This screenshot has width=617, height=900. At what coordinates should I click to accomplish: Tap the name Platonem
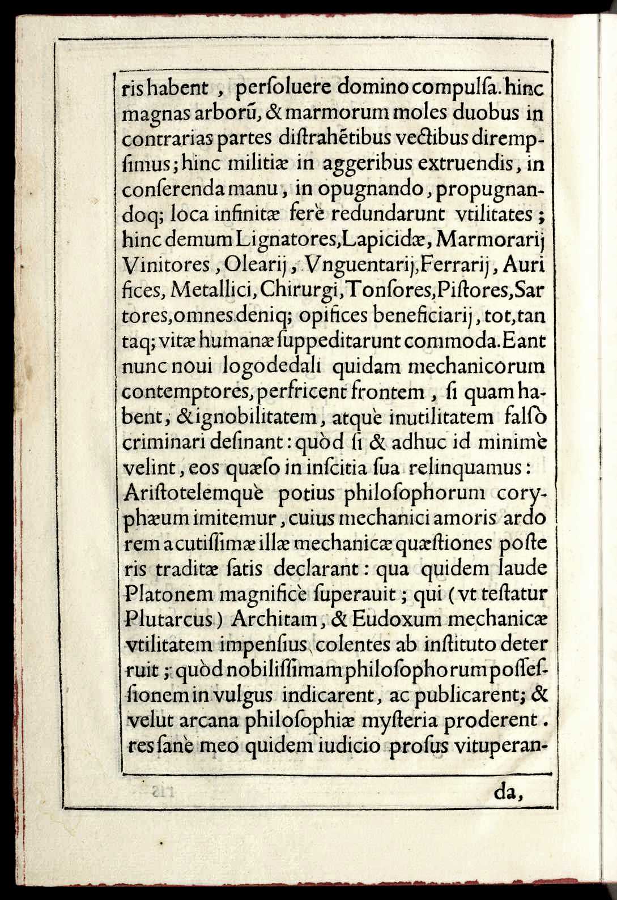tap(167, 595)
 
